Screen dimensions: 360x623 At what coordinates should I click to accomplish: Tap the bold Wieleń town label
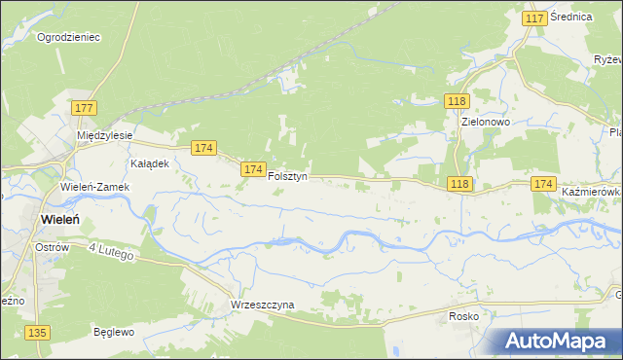(x=66, y=220)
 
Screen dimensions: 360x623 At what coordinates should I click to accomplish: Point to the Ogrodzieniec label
(x=68, y=38)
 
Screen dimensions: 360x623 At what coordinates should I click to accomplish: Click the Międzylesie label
(x=105, y=135)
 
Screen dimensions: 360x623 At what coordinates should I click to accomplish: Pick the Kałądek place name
(x=150, y=163)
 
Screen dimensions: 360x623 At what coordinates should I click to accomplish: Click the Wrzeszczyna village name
(x=262, y=305)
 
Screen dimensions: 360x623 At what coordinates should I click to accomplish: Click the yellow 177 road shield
(x=83, y=108)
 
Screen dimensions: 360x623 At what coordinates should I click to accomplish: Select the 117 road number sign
(x=533, y=18)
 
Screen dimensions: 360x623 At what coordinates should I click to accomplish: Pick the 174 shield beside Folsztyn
(x=253, y=169)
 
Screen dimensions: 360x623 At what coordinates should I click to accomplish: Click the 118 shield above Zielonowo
(x=458, y=101)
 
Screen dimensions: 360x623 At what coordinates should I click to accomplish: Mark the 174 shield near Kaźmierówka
(x=543, y=184)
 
